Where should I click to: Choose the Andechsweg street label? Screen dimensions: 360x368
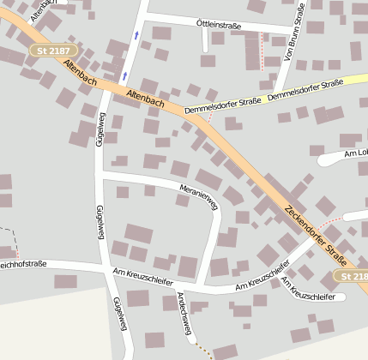(182, 312)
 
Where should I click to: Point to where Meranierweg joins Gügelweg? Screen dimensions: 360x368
(101, 172)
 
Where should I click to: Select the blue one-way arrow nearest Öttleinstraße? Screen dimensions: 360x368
(136, 35)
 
